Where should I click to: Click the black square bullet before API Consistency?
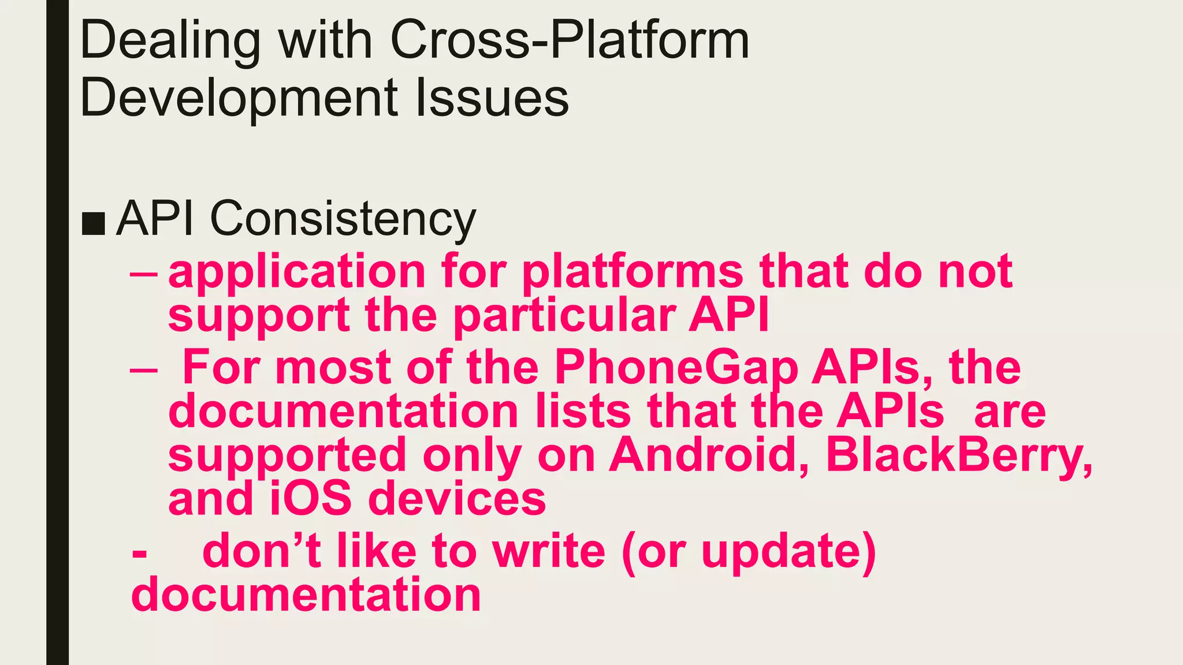pyautogui.click(x=93, y=223)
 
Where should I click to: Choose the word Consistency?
pyautogui.click(x=343, y=219)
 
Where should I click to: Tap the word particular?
pyautogui.click(x=564, y=316)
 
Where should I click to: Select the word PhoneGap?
pyautogui.click(x=676, y=368)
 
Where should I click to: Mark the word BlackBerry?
pyautogui.click(x=959, y=455)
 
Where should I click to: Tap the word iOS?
pyautogui.click(x=311, y=499)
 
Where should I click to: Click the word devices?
pyautogui.click(x=457, y=499)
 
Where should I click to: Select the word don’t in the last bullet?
pyautogui.click(x=262, y=551)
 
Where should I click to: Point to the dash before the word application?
pyautogui.click(x=143, y=273)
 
